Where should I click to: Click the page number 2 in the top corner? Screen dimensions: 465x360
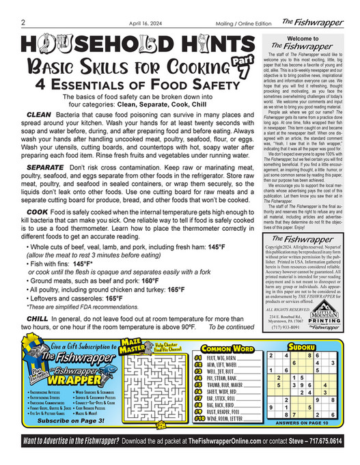pyautogui.click(x=23, y=21)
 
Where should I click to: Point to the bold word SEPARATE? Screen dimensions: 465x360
pyautogui.click(x=46, y=167)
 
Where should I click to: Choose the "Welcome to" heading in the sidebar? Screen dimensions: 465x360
pyautogui.click(x=300, y=39)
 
